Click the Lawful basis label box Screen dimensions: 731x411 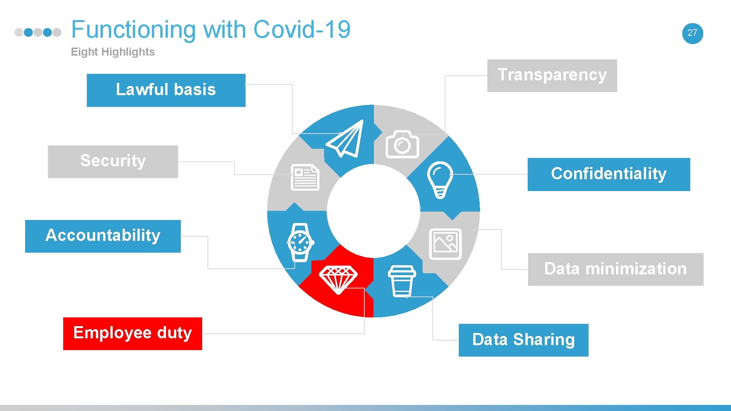(x=166, y=90)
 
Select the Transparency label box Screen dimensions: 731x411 (x=552, y=75)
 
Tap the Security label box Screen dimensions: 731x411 (x=113, y=161)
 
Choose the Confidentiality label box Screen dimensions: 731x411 (x=608, y=174)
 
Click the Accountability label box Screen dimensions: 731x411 (x=103, y=236)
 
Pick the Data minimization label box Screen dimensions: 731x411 (x=615, y=269)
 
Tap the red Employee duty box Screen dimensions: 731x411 (x=132, y=333)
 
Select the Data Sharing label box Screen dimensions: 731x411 (x=523, y=340)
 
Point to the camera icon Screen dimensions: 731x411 (x=402, y=145)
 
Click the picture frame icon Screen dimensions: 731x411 (x=445, y=244)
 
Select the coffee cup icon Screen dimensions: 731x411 (x=402, y=281)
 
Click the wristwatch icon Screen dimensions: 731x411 (x=300, y=242)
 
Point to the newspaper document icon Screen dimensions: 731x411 (x=305, y=177)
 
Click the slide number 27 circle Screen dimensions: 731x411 (x=692, y=33)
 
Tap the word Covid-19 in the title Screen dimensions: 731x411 (x=302, y=30)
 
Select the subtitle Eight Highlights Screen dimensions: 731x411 (x=113, y=52)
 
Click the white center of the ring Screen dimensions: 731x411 (x=373, y=211)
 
